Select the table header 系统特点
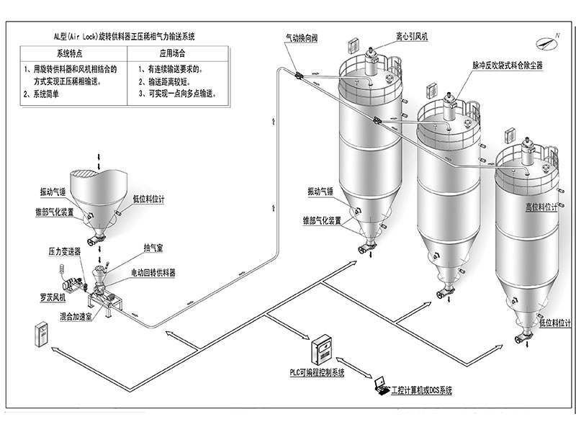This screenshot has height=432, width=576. (x=71, y=53)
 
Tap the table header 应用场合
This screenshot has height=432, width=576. (x=172, y=53)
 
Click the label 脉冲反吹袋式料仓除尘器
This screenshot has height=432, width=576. (x=508, y=65)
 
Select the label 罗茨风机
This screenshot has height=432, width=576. (x=53, y=297)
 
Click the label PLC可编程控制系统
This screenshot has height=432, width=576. (x=312, y=373)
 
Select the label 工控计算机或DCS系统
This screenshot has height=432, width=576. (x=421, y=390)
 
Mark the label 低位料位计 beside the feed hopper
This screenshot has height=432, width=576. (x=149, y=199)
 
